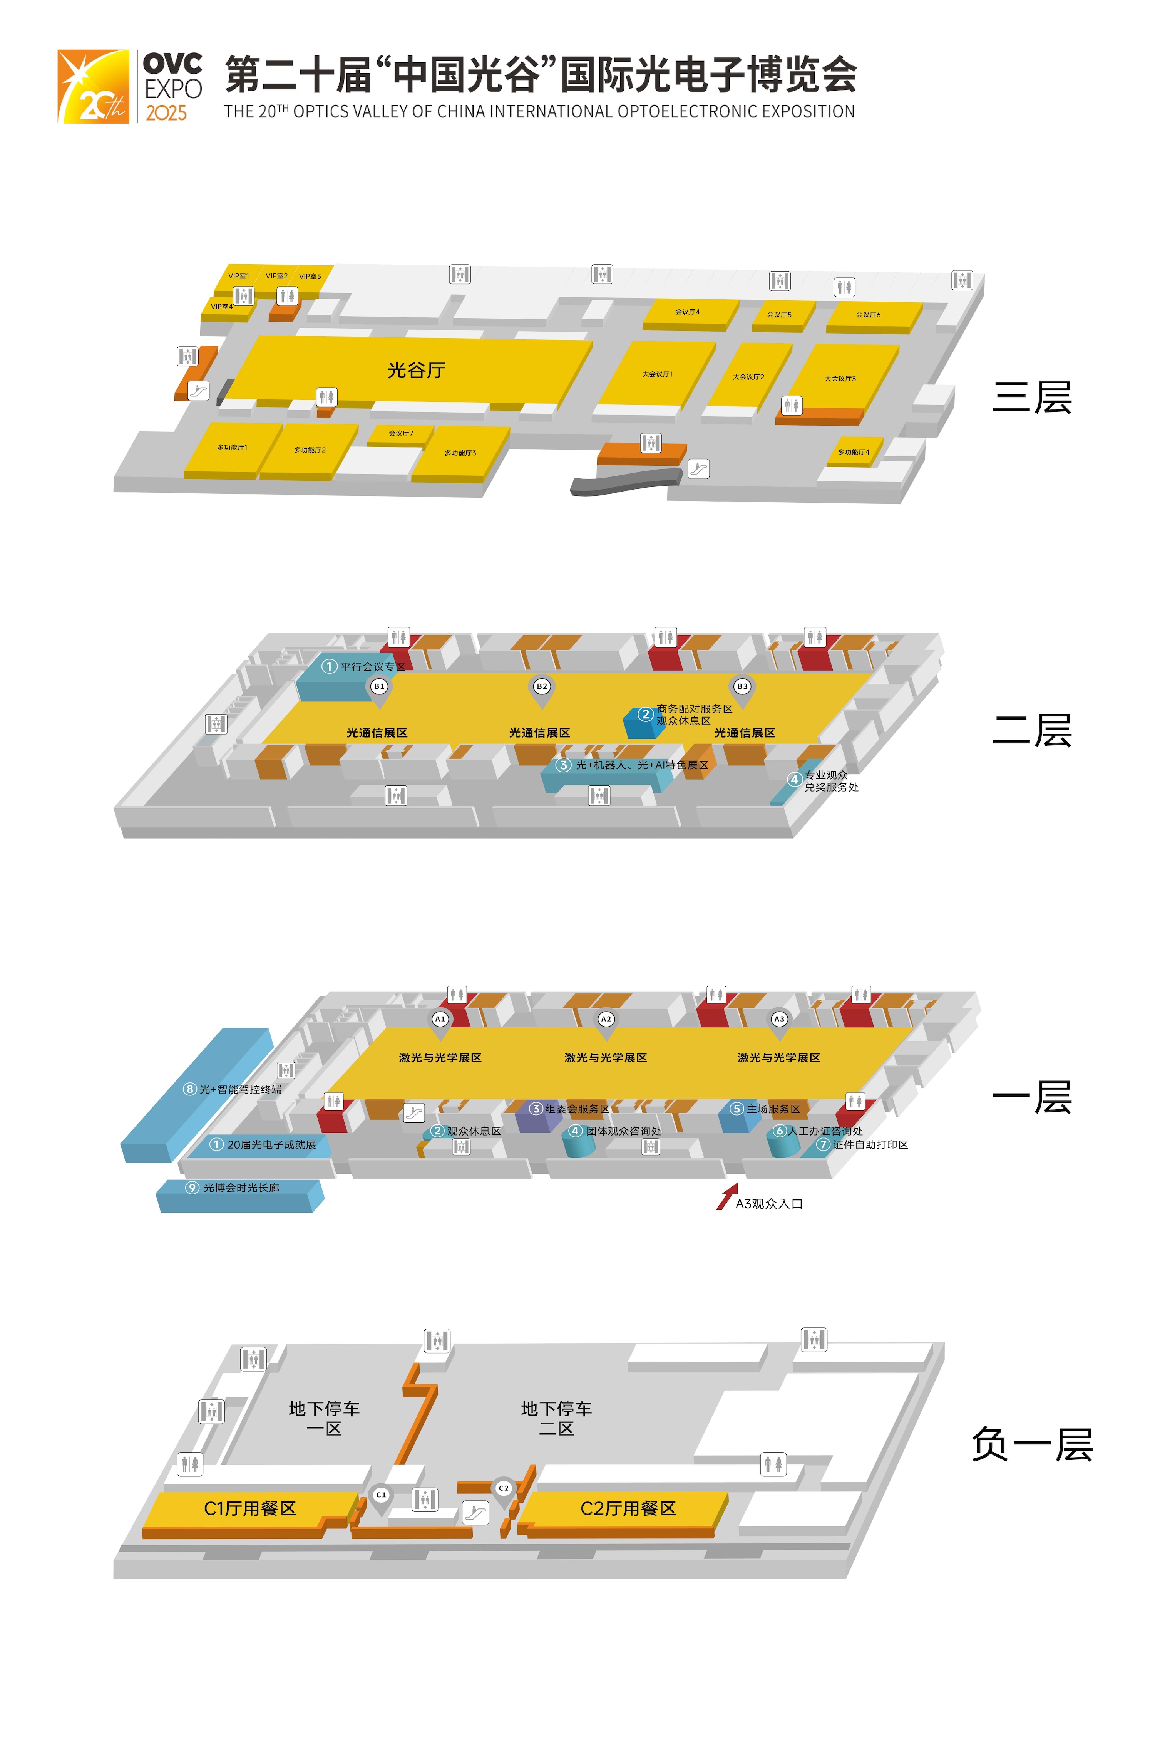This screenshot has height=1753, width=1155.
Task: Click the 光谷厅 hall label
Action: pyautogui.click(x=416, y=370)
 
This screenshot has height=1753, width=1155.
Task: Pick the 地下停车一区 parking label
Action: pyautogui.click(x=324, y=1419)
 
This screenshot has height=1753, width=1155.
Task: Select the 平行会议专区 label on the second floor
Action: pyautogui.click(x=373, y=667)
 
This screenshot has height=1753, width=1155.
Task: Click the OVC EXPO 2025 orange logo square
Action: pyautogui.click(x=94, y=86)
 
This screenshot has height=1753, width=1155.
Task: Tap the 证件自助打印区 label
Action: pyautogui.click(x=870, y=1144)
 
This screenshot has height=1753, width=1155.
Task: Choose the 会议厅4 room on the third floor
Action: pyautogui.click(x=688, y=312)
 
